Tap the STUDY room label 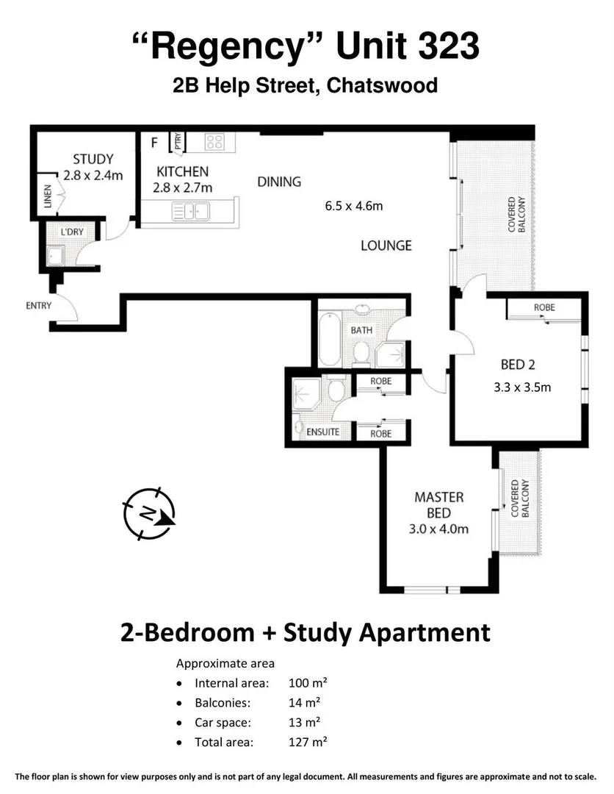pos(93,159)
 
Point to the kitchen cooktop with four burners pos(214,141)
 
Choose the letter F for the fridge pos(154,143)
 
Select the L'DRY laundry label pos(72,232)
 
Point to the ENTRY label pos(38,305)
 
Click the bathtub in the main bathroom pos(329,339)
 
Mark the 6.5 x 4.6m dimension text pos(354,206)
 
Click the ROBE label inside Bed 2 pos(544,307)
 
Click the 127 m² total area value pos(308,743)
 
